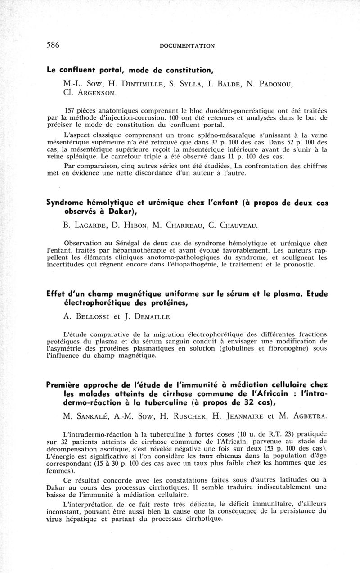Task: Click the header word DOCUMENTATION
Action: coord(187,45)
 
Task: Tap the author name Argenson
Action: coord(97,93)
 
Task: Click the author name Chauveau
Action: coord(233,225)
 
